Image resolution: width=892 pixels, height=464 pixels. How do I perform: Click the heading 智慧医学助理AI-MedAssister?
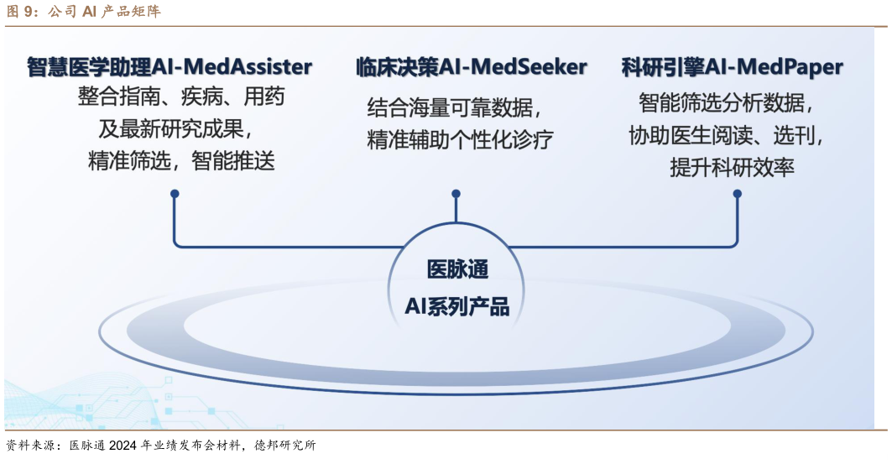[x=170, y=66]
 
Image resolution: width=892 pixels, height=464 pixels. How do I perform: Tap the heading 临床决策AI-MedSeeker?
[x=471, y=66]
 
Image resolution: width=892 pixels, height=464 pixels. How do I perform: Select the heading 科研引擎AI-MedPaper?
[x=733, y=66]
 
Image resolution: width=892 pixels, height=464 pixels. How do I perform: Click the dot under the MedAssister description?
[x=175, y=194]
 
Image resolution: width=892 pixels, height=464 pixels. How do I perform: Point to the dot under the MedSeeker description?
[x=456, y=194]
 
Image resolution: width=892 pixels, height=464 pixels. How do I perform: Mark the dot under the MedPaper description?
[x=738, y=194]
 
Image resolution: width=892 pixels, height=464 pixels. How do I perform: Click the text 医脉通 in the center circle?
[x=457, y=269]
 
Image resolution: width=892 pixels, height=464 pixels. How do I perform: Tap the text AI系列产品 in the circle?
[x=456, y=307]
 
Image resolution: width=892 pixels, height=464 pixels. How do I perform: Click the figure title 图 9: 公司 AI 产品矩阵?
[x=84, y=12]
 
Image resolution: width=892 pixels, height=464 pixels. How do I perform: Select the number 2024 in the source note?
[x=123, y=446]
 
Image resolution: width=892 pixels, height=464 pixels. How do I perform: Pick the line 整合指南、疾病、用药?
[x=181, y=96]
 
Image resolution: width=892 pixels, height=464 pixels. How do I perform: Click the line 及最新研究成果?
[x=175, y=129]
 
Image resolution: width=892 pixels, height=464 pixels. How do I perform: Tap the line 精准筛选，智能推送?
[x=181, y=161]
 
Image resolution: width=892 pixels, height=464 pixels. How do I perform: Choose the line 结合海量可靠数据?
[x=454, y=107]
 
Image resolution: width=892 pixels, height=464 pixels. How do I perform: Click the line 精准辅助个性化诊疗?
[x=460, y=139]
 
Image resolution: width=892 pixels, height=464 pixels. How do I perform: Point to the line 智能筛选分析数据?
[x=727, y=103]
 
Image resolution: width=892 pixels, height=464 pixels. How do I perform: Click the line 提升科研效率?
[x=732, y=167]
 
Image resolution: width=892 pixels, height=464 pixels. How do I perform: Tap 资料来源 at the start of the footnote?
[x=32, y=446]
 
